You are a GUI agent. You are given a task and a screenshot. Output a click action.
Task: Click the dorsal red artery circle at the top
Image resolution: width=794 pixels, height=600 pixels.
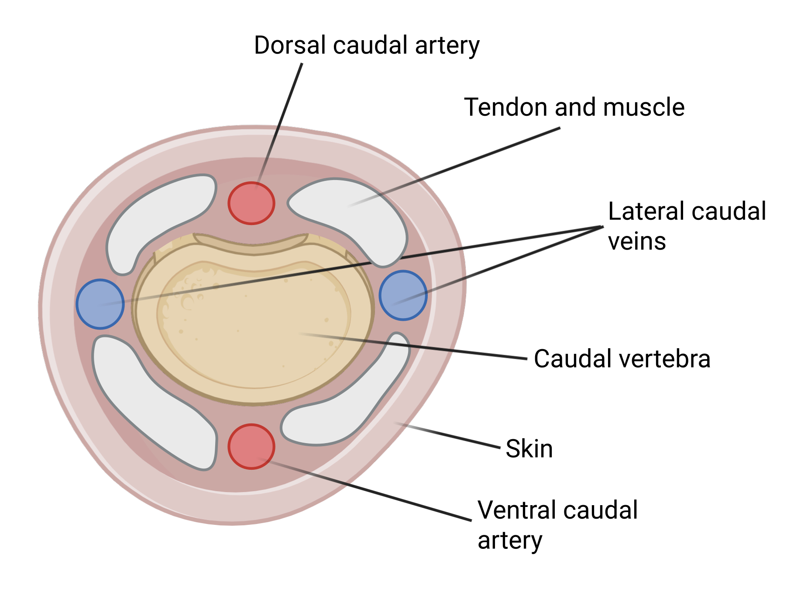pyautogui.click(x=251, y=203)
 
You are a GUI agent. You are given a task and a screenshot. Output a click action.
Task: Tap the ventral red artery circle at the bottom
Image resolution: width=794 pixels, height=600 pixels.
pyautogui.click(x=251, y=446)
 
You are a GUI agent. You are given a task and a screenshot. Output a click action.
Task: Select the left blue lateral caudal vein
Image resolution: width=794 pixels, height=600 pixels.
pyautogui.click(x=100, y=304)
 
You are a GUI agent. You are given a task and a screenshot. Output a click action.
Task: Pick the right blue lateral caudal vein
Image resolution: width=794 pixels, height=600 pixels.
pyautogui.click(x=403, y=295)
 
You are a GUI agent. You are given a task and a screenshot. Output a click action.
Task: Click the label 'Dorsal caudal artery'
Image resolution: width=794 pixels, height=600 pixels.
pyautogui.click(x=367, y=45)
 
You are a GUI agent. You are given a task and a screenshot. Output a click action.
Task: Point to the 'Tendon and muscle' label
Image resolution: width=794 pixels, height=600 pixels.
pyautogui.click(x=574, y=107)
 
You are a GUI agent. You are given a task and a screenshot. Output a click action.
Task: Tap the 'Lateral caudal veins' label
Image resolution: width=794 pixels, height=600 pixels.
pyautogui.click(x=687, y=226)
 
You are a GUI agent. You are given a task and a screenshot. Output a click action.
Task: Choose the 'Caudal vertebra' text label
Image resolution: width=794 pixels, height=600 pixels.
pyautogui.click(x=622, y=359)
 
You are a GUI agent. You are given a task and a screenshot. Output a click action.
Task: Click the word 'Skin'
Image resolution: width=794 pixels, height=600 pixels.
pyautogui.click(x=529, y=449)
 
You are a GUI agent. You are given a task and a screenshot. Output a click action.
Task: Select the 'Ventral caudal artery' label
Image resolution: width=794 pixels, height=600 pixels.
pyautogui.click(x=557, y=525)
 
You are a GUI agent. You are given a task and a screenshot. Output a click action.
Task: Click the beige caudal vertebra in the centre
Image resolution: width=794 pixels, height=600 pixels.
pyautogui.click(x=253, y=319)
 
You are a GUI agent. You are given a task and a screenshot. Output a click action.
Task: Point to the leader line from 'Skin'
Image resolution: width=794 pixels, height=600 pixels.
pyautogui.click(x=447, y=435)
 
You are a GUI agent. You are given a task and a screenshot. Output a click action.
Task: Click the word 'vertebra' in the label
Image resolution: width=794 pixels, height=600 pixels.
pyautogui.click(x=660, y=359)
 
